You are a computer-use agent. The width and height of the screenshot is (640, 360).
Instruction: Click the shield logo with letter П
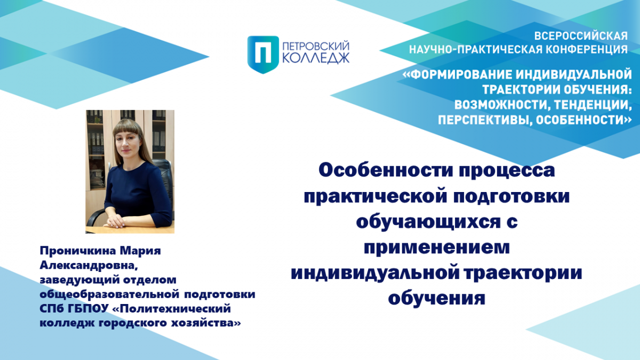tap(263, 54)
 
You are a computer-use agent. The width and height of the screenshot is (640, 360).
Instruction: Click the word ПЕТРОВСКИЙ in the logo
tap(316, 46)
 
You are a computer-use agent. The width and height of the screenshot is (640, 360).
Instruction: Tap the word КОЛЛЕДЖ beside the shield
tap(316, 59)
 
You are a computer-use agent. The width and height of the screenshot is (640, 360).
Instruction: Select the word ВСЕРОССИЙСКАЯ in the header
tap(581, 36)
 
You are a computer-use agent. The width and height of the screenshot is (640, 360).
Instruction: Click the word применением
tap(437, 248)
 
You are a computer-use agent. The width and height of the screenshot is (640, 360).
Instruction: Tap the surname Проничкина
tap(78, 251)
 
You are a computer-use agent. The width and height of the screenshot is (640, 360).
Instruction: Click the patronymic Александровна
tap(89, 266)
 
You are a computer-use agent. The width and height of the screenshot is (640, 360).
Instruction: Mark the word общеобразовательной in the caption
tap(109, 294)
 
